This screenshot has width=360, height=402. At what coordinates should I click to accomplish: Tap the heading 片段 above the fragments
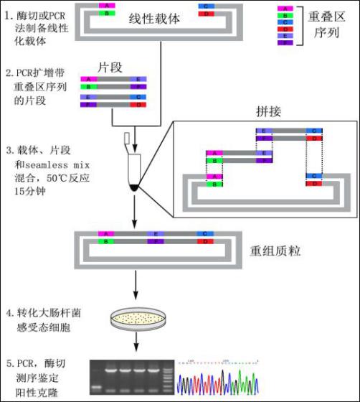pos(108,67)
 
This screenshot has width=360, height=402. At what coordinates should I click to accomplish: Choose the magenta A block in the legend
pos(285,9)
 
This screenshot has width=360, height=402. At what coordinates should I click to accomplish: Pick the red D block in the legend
pos(285,30)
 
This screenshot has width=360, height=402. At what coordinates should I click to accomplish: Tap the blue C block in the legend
pos(285,23)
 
